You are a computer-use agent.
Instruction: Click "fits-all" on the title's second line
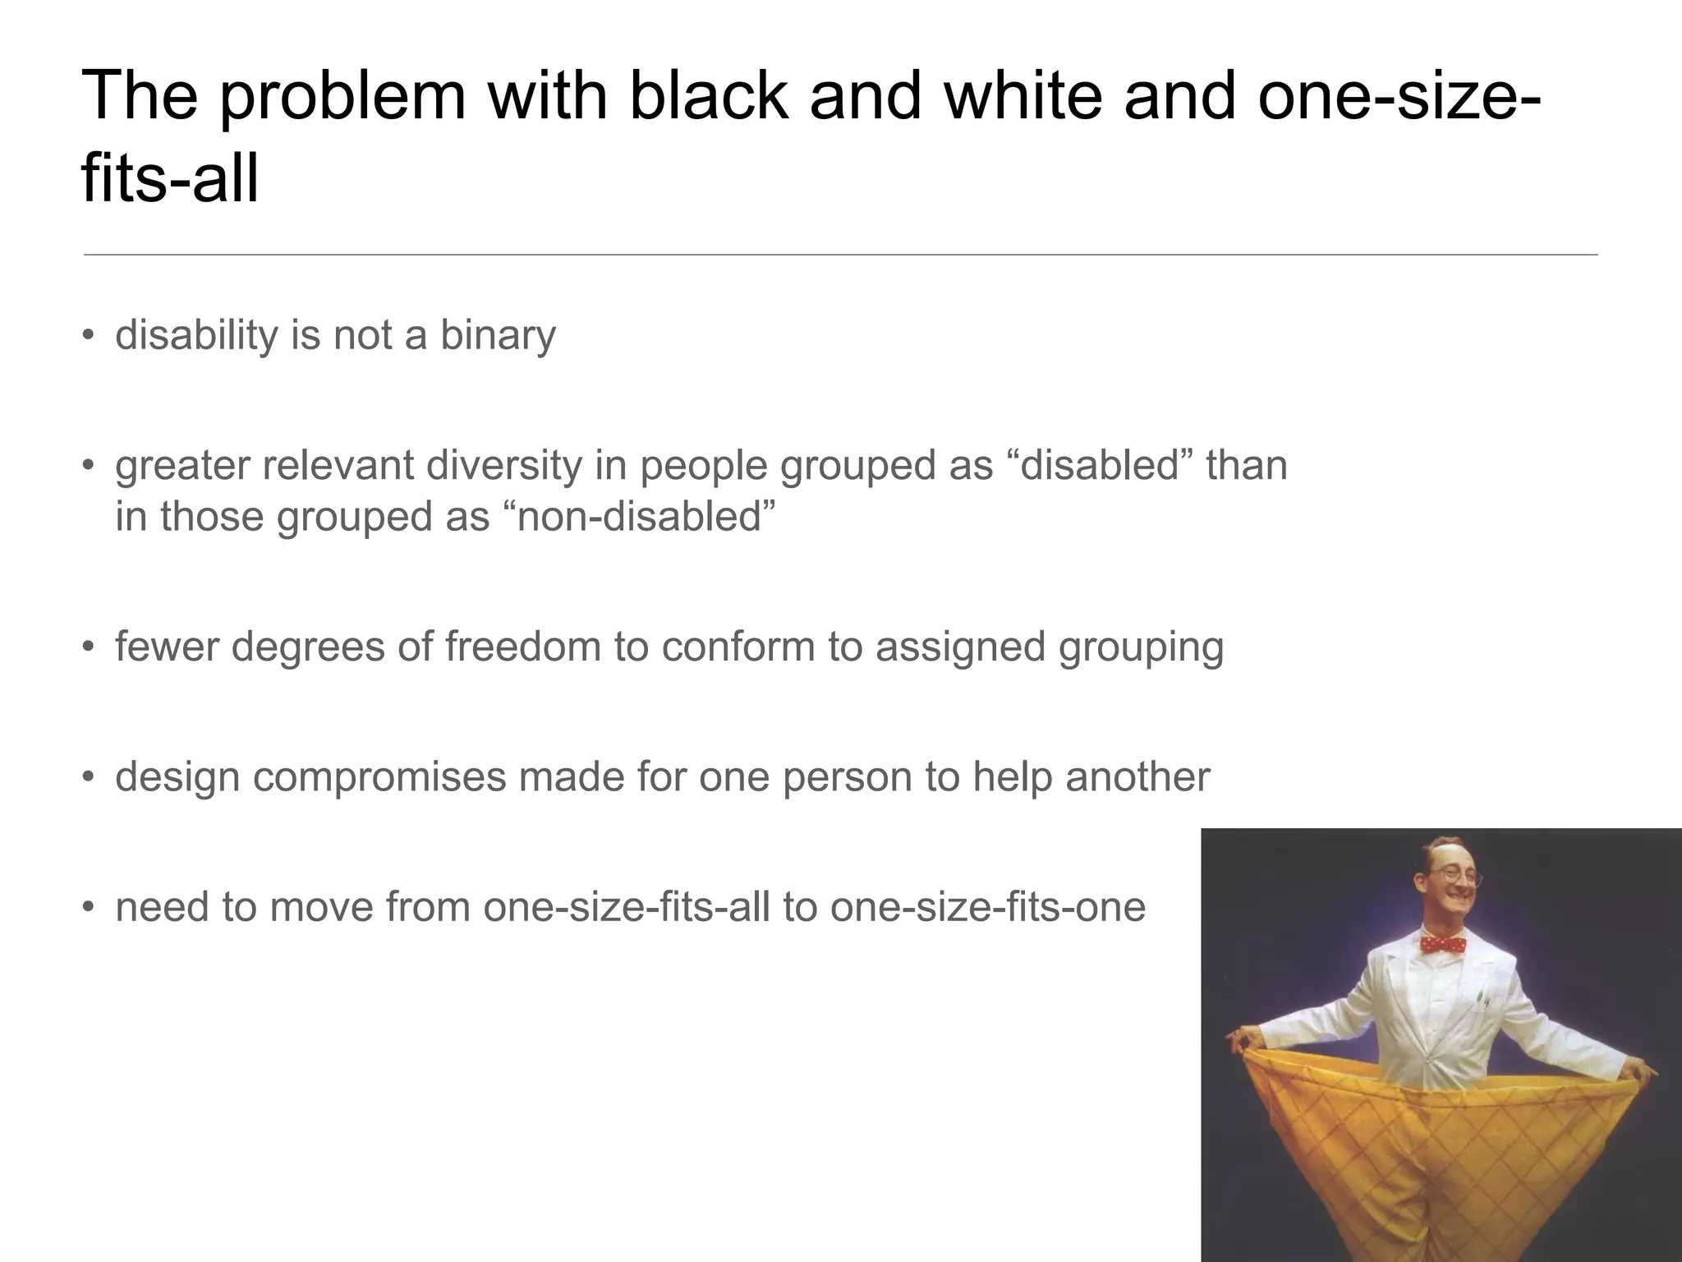tap(170, 179)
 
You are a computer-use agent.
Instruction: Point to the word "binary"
tap(498, 335)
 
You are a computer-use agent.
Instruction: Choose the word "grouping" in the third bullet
tap(1141, 647)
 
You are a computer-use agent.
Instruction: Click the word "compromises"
tap(379, 777)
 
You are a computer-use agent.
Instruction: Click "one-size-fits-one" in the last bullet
tap(987, 908)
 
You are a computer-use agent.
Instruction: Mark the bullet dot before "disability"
tap(89, 335)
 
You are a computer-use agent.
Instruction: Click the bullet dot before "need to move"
tap(89, 908)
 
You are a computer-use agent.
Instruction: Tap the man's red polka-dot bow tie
tap(1444, 943)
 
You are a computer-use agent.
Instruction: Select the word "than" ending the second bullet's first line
tap(1246, 466)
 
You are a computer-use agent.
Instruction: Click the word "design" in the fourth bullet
tap(177, 777)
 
